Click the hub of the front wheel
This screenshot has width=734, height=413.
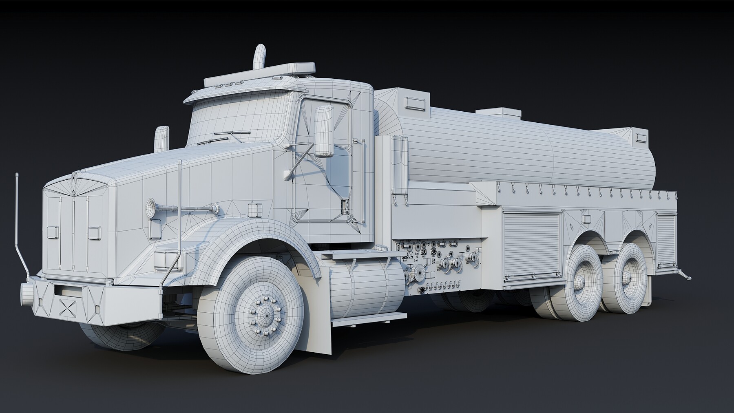point(265,315)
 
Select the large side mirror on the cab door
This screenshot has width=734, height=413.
point(324,131)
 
